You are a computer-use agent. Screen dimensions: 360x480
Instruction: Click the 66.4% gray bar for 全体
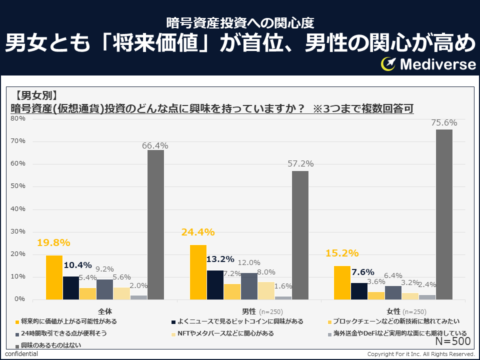click(155, 224)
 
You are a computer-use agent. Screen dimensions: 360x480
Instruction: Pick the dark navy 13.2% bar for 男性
click(215, 284)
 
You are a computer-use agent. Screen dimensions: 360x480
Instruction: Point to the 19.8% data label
click(53, 242)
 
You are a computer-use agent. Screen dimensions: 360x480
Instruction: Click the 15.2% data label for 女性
click(342, 253)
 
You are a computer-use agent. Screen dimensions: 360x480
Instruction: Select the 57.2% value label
click(300, 163)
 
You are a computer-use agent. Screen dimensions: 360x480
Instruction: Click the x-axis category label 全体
click(105, 311)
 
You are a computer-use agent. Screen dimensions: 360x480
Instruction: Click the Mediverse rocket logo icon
click(388, 64)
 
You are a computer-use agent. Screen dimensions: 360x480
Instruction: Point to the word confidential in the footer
click(21, 354)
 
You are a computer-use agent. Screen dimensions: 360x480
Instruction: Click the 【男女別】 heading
click(35, 95)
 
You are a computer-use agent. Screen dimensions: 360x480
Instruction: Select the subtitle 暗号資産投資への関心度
click(240, 22)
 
